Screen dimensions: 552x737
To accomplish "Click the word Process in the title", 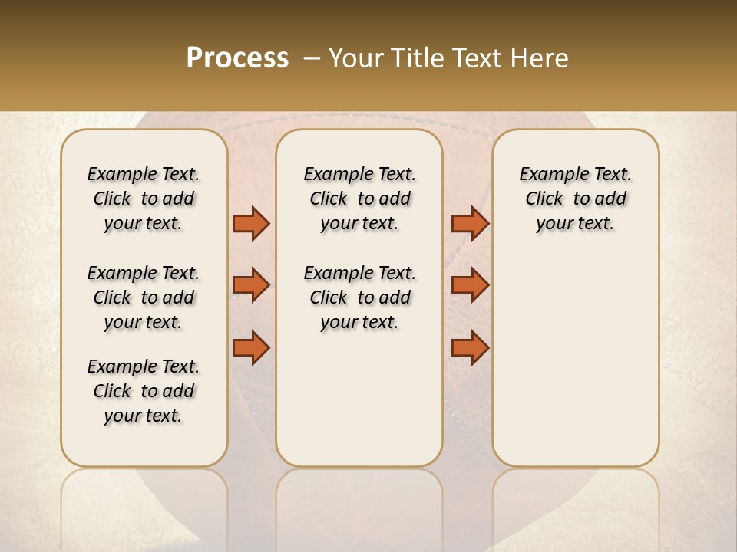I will (237, 58).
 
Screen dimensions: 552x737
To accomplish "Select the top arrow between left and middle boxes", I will (251, 223).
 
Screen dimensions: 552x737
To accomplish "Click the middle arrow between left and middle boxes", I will (251, 285).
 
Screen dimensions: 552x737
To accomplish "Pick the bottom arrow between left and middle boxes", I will (251, 347).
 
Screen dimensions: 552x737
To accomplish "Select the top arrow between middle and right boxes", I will (470, 223).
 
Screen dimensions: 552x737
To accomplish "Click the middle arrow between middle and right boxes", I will (470, 285).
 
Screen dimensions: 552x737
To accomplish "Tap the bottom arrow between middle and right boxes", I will (470, 347).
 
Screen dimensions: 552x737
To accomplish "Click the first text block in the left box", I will (144, 199).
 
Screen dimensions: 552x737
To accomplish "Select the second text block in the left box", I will (144, 297).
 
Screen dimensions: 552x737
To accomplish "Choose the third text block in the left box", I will (144, 391).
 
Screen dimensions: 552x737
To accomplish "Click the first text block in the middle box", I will (359, 199).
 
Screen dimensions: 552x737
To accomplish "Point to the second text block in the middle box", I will (359, 297).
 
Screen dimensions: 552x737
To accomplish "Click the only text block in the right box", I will (575, 199).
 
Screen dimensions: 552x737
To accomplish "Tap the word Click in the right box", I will (544, 199).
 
